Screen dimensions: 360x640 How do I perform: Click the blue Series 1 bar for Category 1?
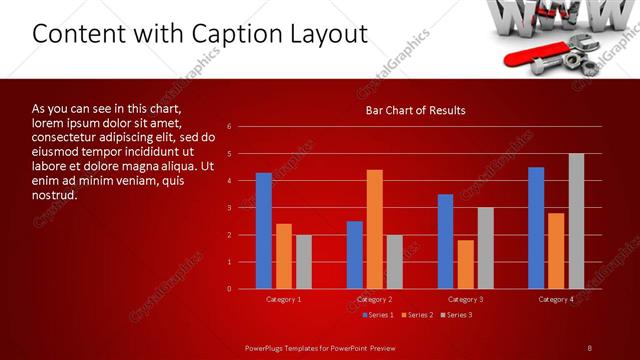pos(264,231)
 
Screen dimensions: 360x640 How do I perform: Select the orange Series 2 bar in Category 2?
pos(375,229)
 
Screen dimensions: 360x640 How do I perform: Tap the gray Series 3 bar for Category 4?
pos(576,221)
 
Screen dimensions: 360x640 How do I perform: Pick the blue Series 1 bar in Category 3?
pos(446,241)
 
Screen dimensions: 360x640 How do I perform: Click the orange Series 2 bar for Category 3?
pos(465,264)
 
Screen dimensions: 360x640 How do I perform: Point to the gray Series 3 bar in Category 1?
pos(303,262)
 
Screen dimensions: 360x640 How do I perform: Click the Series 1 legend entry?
pos(377,315)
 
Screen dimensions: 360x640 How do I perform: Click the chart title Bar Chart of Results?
pos(415,110)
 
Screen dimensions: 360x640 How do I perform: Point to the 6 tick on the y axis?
pos(230,127)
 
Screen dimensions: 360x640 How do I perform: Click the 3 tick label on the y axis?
pos(230,208)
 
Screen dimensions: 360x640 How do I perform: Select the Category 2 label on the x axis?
pos(374,299)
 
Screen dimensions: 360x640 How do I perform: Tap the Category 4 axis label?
pos(556,299)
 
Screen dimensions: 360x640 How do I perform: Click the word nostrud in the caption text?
pos(55,194)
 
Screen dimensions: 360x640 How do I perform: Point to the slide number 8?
pos(589,347)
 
